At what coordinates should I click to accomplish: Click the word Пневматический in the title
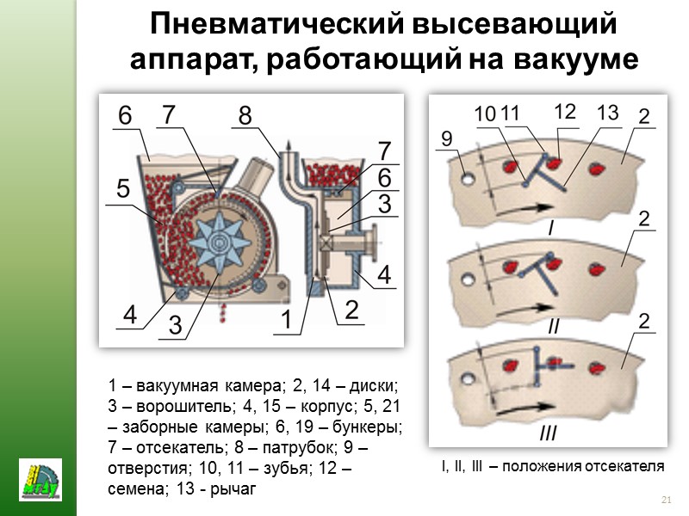[276, 24]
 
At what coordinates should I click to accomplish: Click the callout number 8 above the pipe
[245, 115]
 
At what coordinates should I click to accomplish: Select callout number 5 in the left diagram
[123, 188]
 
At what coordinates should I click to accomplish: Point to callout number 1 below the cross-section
[286, 318]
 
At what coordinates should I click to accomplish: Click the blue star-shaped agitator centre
[220, 242]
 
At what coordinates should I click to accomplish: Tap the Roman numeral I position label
[552, 228]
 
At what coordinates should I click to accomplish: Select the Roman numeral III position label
[548, 433]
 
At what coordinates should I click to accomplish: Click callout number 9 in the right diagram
[446, 138]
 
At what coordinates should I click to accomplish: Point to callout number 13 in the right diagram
[608, 113]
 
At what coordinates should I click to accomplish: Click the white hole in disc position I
[468, 178]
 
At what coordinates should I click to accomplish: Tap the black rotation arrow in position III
[525, 408]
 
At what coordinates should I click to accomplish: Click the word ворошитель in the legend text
[183, 406]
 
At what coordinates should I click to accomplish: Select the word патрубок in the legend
[298, 447]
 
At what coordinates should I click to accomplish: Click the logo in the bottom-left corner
[40, 480]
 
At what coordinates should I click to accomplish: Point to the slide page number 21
[666, 500]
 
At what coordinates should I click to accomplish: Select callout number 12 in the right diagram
[565, 112]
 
